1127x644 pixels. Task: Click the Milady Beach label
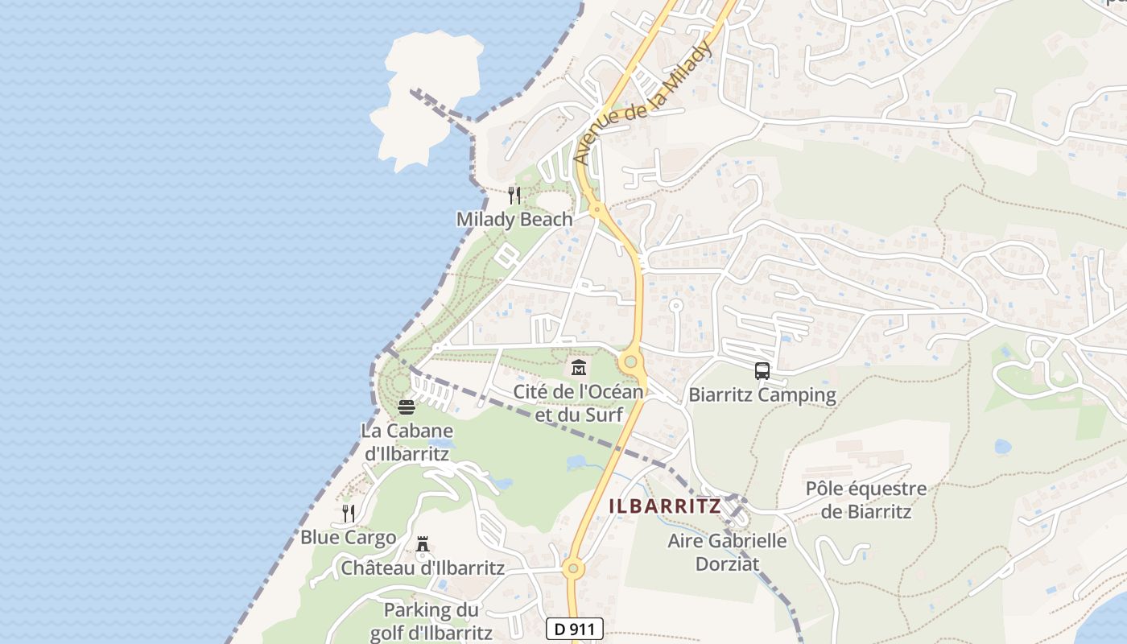514,219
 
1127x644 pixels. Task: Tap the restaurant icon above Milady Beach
514,195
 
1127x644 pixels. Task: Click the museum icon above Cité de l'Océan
578,368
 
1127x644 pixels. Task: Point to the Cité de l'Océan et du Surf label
579,402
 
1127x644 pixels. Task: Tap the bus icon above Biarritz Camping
762,371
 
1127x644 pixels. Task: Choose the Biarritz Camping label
762,395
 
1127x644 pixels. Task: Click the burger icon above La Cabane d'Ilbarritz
406,407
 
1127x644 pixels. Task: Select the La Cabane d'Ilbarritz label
406,441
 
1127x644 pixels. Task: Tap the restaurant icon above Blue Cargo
348,513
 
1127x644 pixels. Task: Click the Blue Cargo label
348,537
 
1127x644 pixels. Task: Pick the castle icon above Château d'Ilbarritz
422,545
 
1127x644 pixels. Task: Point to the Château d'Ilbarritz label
423,568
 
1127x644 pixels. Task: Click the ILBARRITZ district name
665,506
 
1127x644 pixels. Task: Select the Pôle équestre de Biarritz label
866,500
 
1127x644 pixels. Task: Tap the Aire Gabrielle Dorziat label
727,551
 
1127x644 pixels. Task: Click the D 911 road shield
574,629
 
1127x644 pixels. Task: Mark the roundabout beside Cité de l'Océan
631,362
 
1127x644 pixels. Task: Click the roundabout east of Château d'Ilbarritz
572,569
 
